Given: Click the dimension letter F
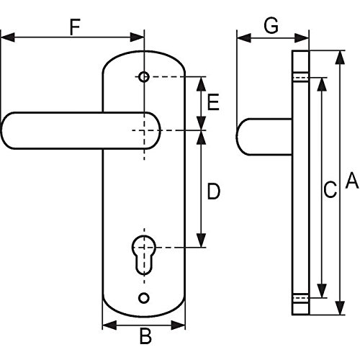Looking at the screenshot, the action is pos(75,27).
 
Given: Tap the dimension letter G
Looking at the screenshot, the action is pos(271,25).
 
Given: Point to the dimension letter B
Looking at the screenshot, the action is pos(145,336).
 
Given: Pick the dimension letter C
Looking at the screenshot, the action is pos(330,189).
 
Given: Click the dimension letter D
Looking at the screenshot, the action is pos(213,192).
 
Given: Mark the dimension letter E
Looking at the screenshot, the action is pos(213,102).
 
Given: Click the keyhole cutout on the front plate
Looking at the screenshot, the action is pos(144,254).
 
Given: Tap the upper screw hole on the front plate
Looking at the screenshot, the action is pos(144,77).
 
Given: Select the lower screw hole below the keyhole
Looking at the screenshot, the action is pos(144,298).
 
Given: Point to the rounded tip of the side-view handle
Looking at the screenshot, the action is pos(238,137).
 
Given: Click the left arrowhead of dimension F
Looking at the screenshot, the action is pos(8,37).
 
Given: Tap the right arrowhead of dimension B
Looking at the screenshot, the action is pos(178,325).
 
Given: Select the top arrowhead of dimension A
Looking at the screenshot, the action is pos(340,58).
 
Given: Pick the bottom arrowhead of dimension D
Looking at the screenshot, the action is pos(201,240).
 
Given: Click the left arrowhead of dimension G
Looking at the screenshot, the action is pos(244,38).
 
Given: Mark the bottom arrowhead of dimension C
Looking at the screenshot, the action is pos(322,291).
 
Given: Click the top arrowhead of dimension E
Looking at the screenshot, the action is pos(201,84).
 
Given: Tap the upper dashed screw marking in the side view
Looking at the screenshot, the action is pos(300,77).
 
